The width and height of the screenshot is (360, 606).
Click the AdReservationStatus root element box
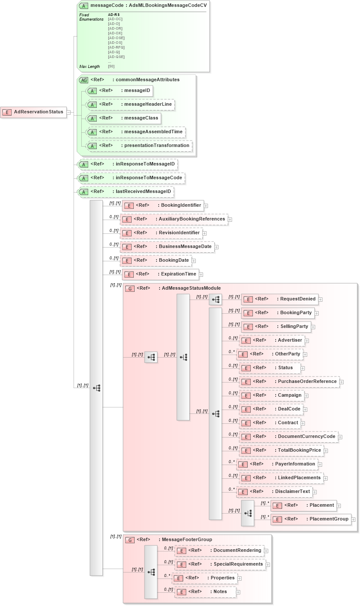[x=34, y=112]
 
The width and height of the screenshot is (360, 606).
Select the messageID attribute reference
[x=120, y=91]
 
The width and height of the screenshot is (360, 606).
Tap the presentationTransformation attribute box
[x=139, y=146]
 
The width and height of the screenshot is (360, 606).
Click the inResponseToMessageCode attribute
[x=131, y=178]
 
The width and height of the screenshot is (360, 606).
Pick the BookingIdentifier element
[x=163, y=205]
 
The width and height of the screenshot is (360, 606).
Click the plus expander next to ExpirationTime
[x=201, y=275]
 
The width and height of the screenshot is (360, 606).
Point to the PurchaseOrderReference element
[x=289, y=382]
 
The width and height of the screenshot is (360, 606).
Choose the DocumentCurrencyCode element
[x=288, y=437]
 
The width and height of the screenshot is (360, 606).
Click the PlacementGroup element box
[x=311, y=519]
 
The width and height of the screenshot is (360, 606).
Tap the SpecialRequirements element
[x=220, y=564]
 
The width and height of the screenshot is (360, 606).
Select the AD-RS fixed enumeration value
[x=114, y=15]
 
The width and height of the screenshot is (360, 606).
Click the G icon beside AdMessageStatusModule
[x=129, y=288]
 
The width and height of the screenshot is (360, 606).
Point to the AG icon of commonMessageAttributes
[x=84, y=80]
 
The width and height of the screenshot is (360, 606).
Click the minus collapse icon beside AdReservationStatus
[x=68, y=113]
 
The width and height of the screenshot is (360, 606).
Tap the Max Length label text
[x=89, y=67]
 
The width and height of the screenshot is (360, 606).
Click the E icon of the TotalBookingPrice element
[x=246, y=451]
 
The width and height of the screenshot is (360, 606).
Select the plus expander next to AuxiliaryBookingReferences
[x=230, y=220]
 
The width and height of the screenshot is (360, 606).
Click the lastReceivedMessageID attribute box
[x=126, y=192]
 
